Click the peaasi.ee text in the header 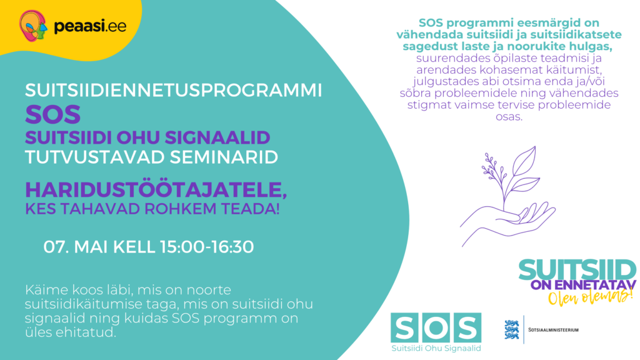[x=80, y=26]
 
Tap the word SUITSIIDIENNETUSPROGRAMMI [x=173, y=90]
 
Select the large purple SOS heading [x=53, y=114]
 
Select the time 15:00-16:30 [x=206, y=247]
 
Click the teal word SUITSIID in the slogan [x=577, y=271]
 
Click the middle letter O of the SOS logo [x=436, y=328]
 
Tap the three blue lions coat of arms [x=512, y=329]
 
